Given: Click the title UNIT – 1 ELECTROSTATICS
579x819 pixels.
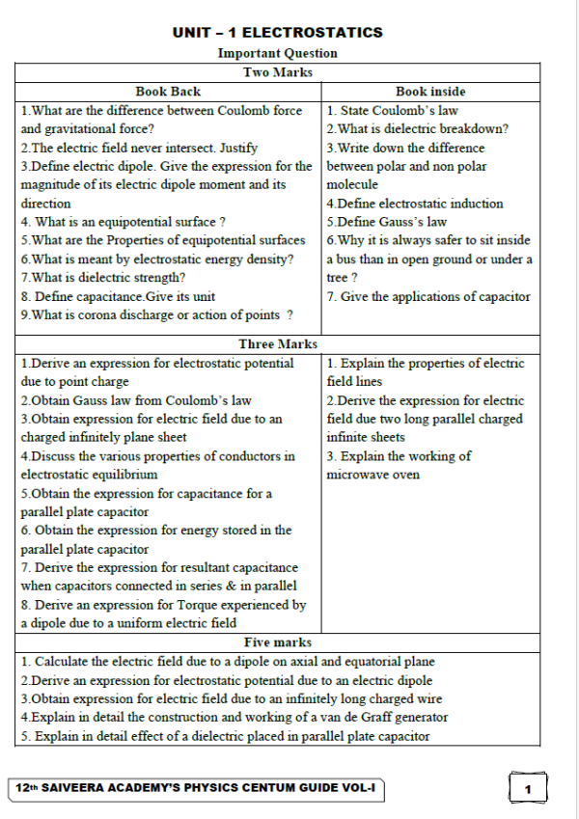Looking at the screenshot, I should (277, 33).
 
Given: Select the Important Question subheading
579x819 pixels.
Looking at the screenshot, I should (277, 53).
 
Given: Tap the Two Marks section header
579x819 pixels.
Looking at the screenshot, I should (277, 72).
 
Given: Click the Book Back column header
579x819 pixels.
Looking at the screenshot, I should (168, 92).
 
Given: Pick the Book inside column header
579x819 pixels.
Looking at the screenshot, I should (430, 92).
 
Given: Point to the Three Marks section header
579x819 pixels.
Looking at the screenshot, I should (277, 344).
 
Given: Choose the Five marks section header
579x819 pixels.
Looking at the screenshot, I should (277, 642).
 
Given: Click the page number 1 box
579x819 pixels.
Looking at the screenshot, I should (528, 790).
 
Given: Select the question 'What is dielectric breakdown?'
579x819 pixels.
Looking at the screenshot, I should (418, 129).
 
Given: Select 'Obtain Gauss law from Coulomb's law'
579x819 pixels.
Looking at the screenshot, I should (136, 400).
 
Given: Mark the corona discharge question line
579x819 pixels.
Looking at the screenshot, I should (157, 314).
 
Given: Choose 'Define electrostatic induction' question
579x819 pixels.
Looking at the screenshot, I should (415, 204).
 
